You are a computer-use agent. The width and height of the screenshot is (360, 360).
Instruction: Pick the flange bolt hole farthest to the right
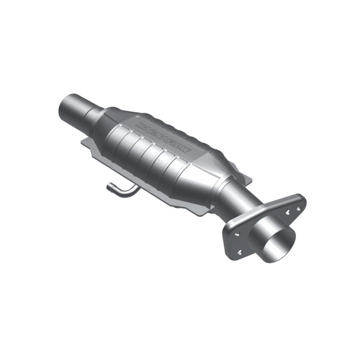coord(299,208)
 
